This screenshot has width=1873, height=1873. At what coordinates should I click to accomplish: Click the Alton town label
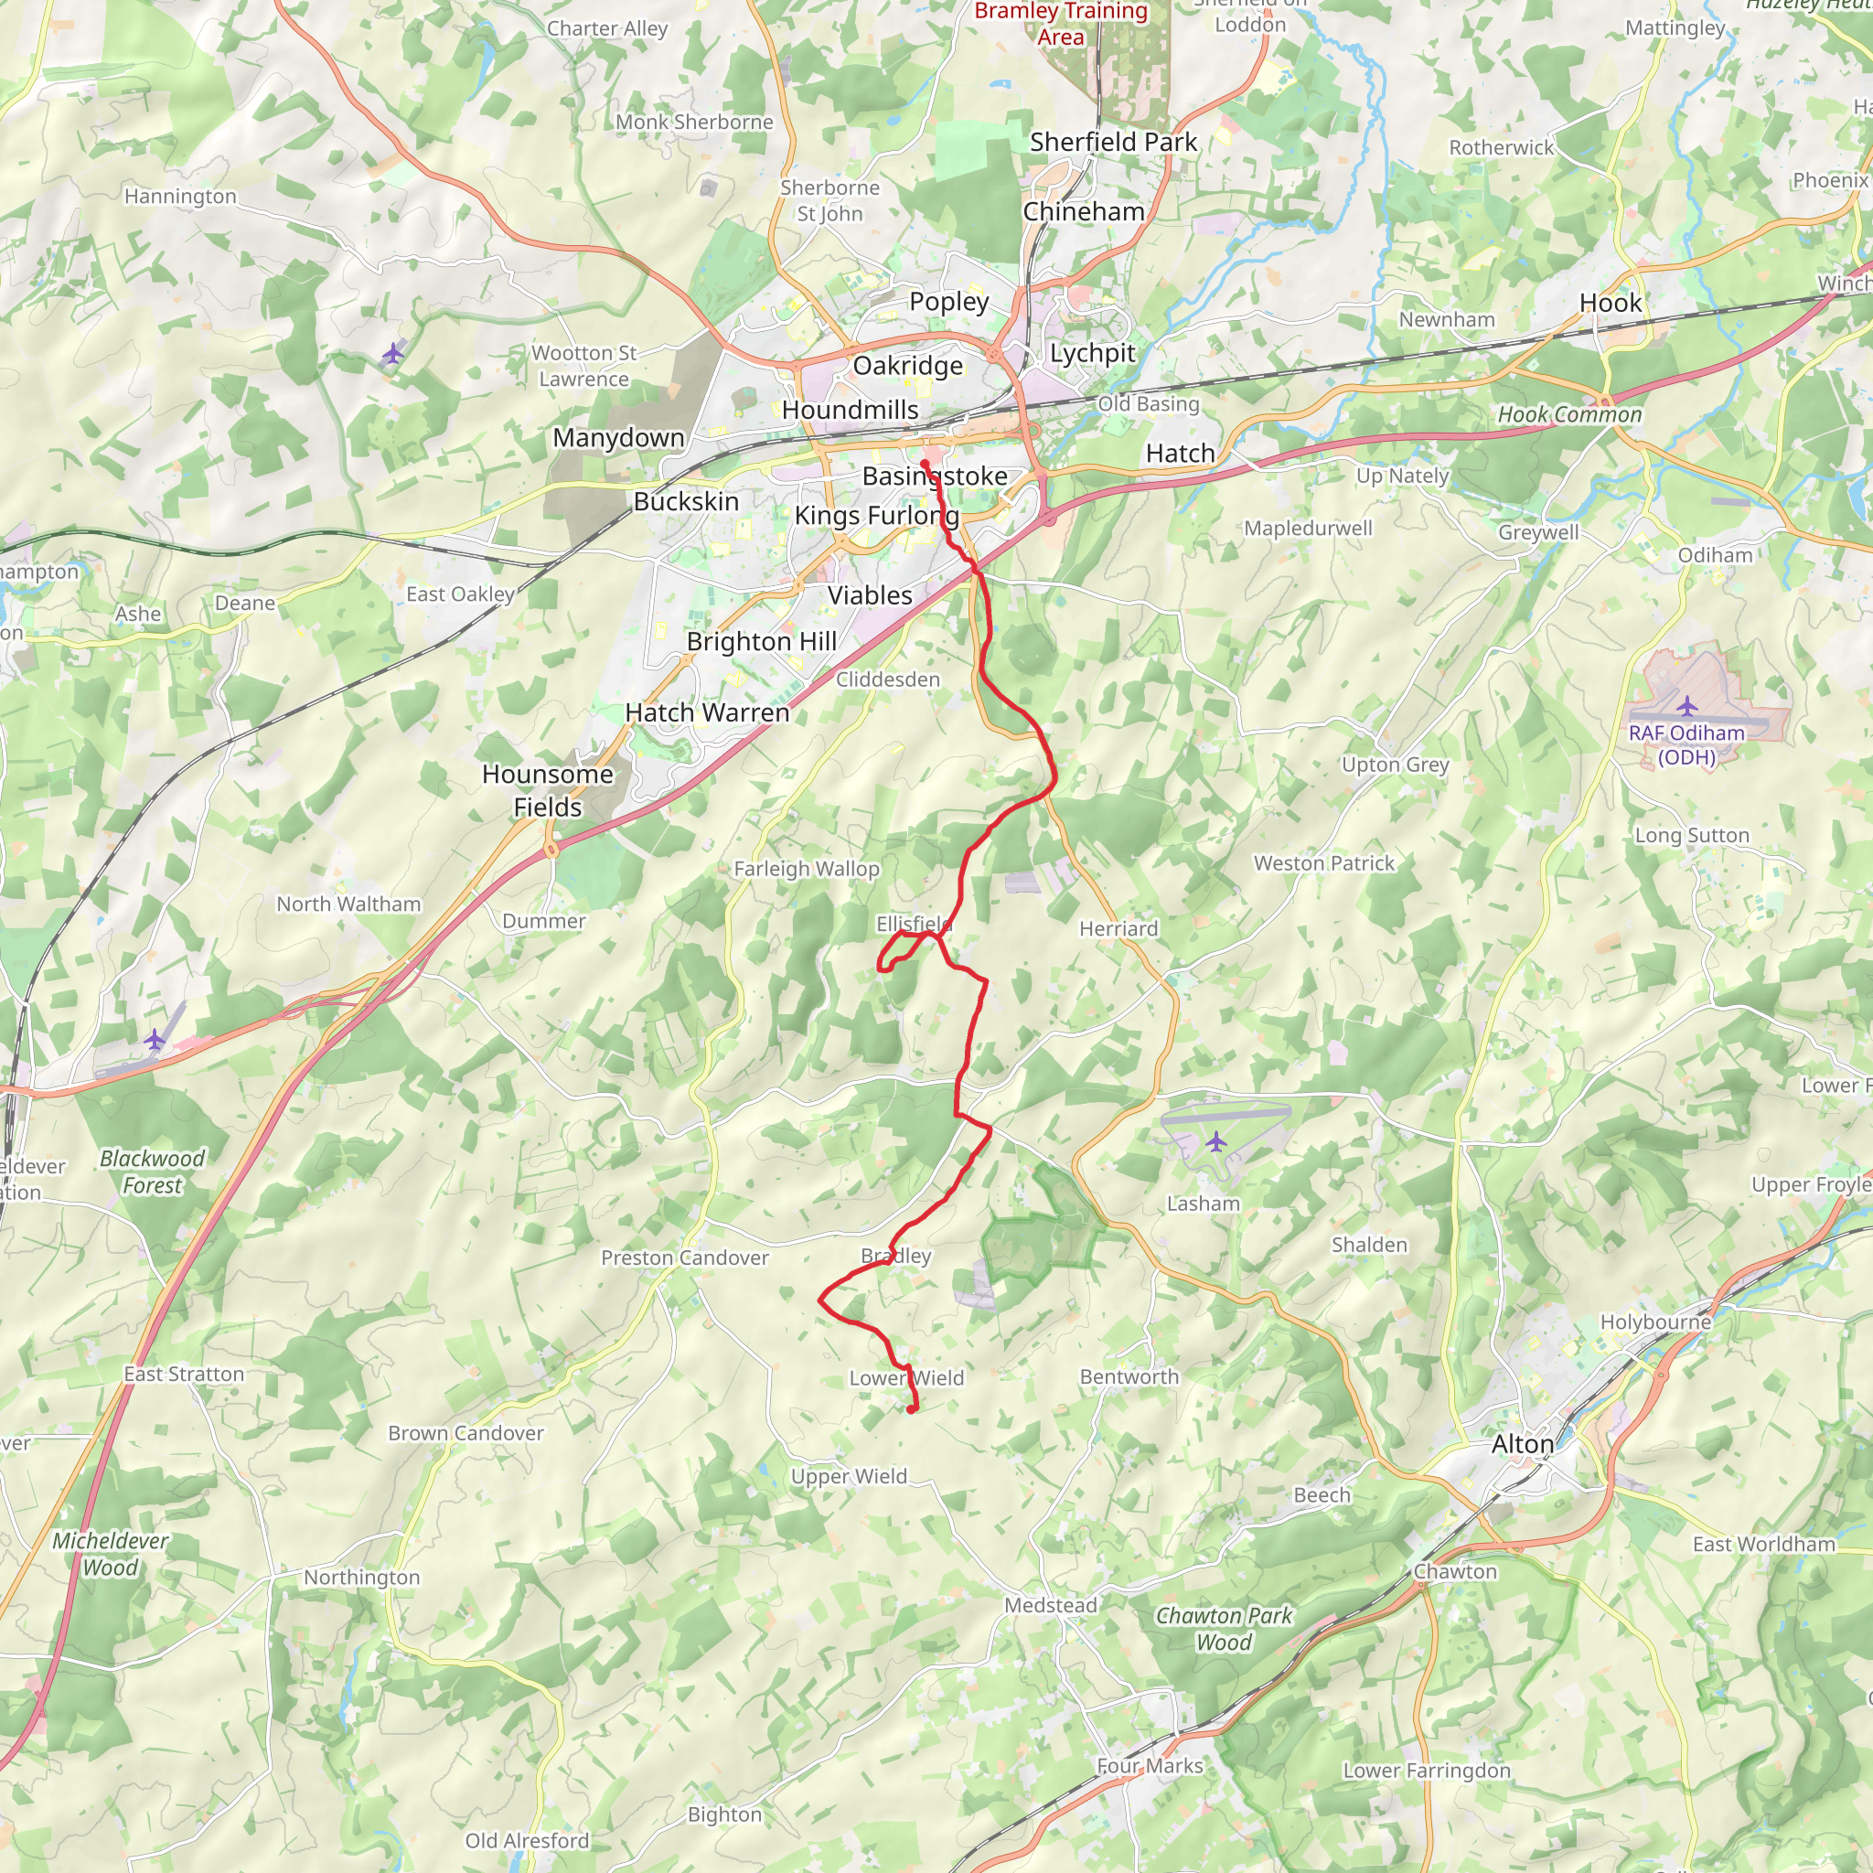(x=1522, y=1444)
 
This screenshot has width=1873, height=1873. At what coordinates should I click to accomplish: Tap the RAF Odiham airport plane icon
(x=1686, y=705)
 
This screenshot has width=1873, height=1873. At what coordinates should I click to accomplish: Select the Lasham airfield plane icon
(x=1215, y=1142)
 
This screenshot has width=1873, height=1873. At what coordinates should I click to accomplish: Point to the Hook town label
(x=1611, y=304)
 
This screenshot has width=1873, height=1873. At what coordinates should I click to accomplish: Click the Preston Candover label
(x=684, y=1258)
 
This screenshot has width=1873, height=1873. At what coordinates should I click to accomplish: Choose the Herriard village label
(x=1118, y=929)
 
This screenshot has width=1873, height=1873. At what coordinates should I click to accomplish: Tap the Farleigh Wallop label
(x=807, y=869)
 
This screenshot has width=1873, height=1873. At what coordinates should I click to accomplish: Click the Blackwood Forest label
(x=152, y=1172)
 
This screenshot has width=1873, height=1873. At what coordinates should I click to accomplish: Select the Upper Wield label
(x=850, y=1476)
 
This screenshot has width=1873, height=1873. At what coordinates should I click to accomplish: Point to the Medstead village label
(x=1051, y=1605)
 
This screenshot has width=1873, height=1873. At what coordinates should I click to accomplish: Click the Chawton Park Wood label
(x=1224, y=1629)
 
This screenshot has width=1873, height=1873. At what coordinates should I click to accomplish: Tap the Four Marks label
(x=1150, y=1766)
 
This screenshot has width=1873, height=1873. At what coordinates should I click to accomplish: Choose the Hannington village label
(x=180, y=197)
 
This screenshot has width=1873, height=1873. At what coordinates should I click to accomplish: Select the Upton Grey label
(x=1395, y=765)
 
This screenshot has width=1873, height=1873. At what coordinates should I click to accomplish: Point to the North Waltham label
(x=349, y=904)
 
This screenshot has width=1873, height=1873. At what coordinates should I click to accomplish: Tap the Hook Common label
(x=1569, y=415)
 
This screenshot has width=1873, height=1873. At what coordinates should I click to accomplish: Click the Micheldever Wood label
(x=111, y=1554)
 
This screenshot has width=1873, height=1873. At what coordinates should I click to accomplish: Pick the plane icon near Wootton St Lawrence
(x=392, y=354)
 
